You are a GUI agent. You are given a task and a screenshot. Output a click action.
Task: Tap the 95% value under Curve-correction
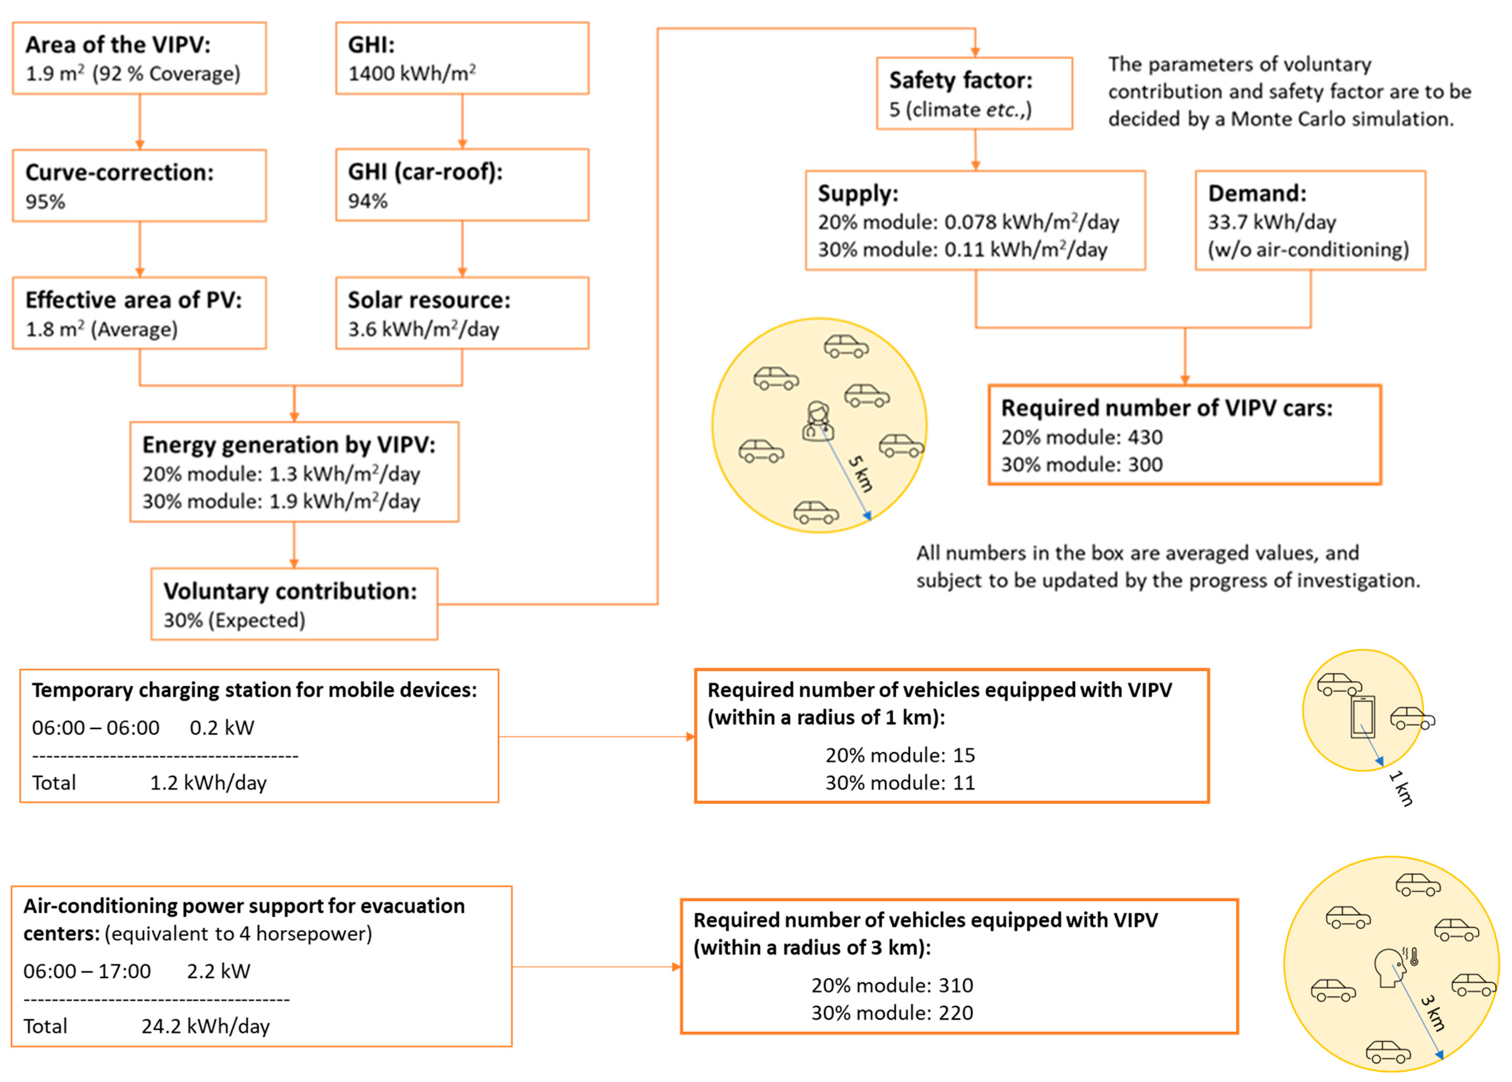(45, 201)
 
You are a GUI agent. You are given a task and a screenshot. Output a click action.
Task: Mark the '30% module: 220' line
(892, 1013)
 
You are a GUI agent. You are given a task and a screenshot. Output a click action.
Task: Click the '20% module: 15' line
(900, 755)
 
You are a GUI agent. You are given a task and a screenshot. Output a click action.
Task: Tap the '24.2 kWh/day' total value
(205, 1026)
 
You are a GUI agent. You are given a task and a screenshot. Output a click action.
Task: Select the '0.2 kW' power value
(222, 728)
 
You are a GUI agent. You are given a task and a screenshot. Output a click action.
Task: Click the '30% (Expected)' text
(234, 620)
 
